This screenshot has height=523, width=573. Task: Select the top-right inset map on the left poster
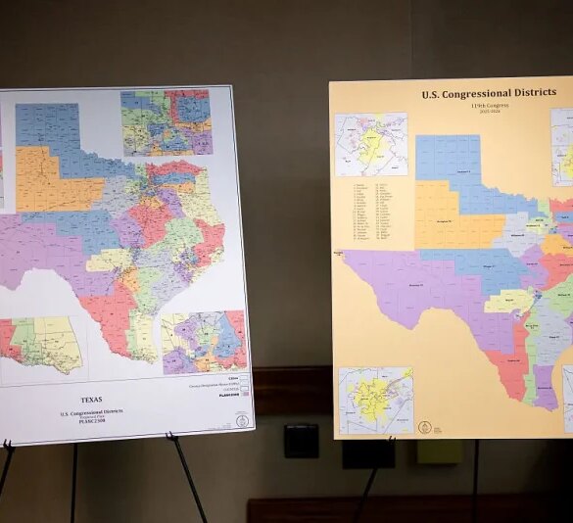[x=166, y=121]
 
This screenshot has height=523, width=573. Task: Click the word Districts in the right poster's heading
[x=524, y=95]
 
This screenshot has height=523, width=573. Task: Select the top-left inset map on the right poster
[x=369, y=144]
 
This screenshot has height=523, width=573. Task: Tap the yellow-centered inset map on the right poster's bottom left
[x=376, y=401]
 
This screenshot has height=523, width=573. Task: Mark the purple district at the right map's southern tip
[x=545, y=388]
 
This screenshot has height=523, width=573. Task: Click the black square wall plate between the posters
[x=301, y=441]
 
